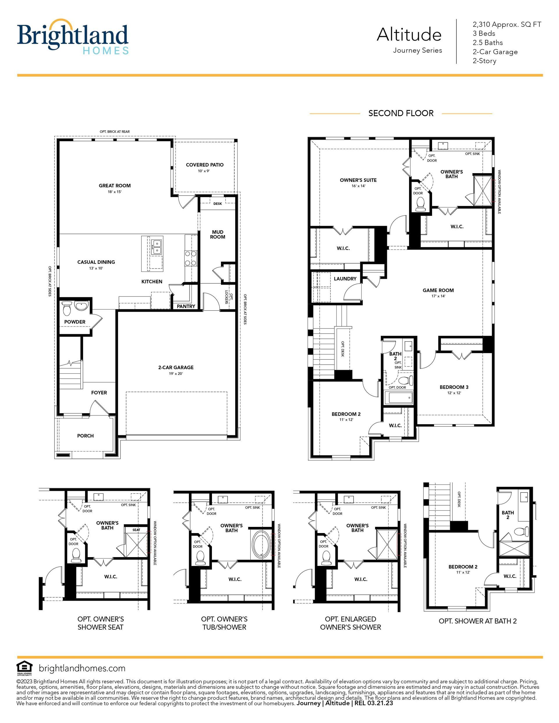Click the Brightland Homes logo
[x=72, y=36]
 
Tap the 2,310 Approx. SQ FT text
[x=507, y=24]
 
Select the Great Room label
[x=115, y=186]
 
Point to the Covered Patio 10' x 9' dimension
[x=204, y=171]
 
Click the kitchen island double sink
[x=156, y=247]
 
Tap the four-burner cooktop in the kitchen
[x=190, y=258]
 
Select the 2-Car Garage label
[x=176, y=367]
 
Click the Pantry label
[x=186, y=306]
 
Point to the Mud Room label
[x=218, y=235]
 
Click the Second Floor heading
[x=401, y=113]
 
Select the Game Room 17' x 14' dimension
[x=438, y=296]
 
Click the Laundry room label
[x=345, y=279]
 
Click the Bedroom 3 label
[x=454, y=387]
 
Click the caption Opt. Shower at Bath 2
[x=477, y=621]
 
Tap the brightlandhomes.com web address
[x=82, y=668]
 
